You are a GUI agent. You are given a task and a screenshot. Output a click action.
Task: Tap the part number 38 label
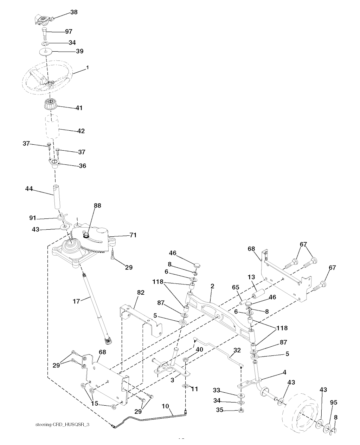tap(74, 12)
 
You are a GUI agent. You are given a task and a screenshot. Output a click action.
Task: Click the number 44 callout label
tap(29, 189)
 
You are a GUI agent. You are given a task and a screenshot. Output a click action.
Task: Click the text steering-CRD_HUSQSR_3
tap(63, 425)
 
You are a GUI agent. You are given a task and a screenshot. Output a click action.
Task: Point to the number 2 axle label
tap(212, 286)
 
